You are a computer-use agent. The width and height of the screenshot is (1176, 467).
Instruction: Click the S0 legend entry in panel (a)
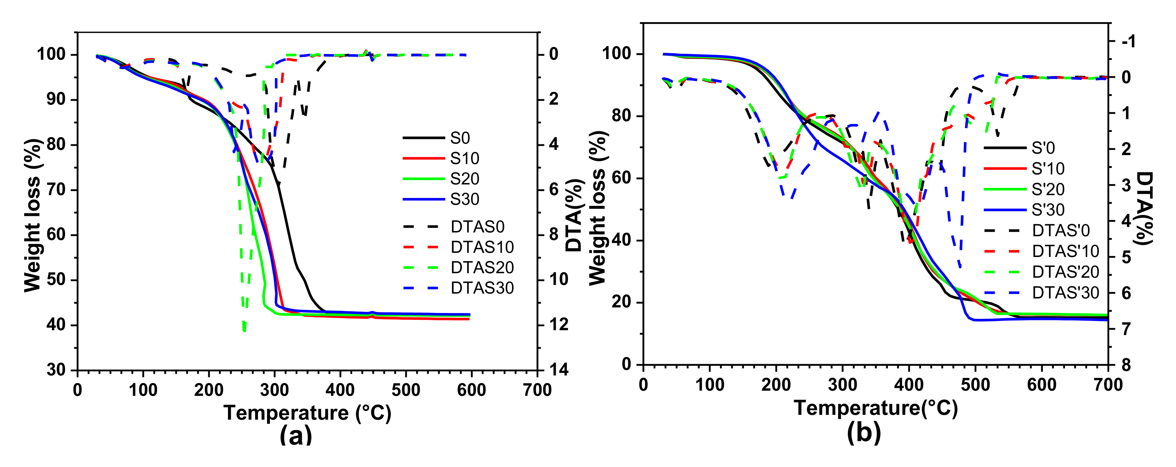pyautogui.click(x=459, y=138)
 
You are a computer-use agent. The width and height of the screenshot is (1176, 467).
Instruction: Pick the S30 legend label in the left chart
pyautogui.click(x=464, y=199)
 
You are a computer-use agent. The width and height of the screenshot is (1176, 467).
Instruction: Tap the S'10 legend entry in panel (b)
pyautogui.click(x=1048, y=169)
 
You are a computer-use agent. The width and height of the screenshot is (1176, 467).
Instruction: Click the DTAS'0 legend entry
pyautogui.click(x=1060, y=231)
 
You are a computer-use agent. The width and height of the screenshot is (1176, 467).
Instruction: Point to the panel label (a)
pyautogui.click(x=296, y=435)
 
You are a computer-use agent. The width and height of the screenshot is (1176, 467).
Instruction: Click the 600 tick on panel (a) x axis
pyautogui.click(x=471, y=390)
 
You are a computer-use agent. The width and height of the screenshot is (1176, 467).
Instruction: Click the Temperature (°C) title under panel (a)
pyautogui.click(x=307, y=413)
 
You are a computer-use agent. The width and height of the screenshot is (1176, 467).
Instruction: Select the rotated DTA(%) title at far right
pyautogui.click(x=1143, y=208)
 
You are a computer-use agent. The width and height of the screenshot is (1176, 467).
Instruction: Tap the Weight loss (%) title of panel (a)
pyautogui.click(x=33, y=215)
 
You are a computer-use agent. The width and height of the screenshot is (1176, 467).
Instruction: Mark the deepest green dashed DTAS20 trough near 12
pyautogui.click(x=244, y=329)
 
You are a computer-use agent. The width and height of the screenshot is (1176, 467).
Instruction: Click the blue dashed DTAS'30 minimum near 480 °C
pyautogui.click(x=960, y=267)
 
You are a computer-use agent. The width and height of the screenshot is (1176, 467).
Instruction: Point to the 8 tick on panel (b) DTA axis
pyautogui.click(x=1126, y=365)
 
